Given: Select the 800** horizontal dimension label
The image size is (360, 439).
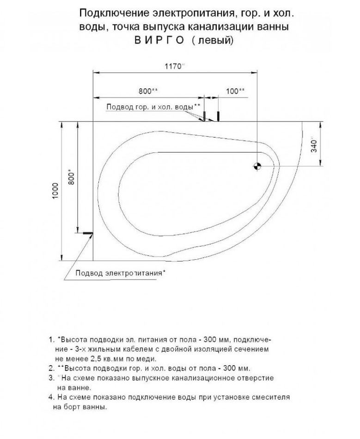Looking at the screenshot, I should pyautogui.click(x=148, y=91).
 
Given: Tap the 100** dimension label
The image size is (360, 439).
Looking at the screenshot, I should pyautogui.click(x=236, y=91).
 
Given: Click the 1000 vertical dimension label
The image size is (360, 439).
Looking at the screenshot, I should pyautogui.click(x=55, y=190).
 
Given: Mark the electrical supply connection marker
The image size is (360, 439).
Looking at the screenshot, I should pyautogui.click(x=87, y=233).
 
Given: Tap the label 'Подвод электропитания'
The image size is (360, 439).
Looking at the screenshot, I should pyautogui.click(x=119, y=274).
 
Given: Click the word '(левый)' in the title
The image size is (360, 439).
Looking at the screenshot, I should pyautogui.click(x=213, y=40).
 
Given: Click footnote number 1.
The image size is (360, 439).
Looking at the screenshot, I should pyautogui.click(x=51, y=339).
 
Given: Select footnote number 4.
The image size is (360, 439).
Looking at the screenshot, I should pyautogui.click(x=51, y=397).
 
